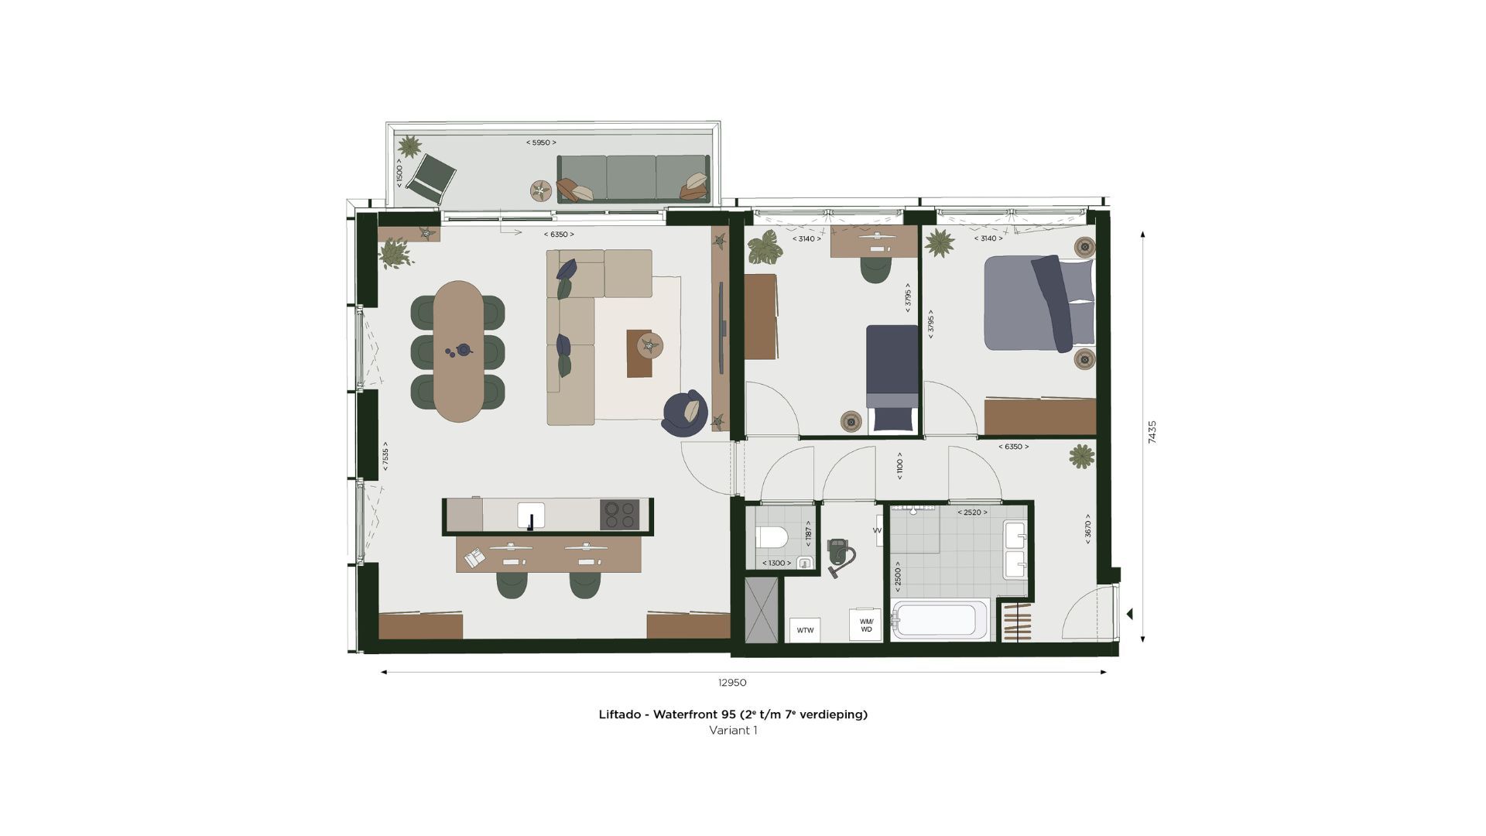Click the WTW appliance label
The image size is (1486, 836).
coord(805,630)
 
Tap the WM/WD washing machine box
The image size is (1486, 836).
coord(865,625)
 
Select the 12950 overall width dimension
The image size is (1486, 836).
coord(732,683)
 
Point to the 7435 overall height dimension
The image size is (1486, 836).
coord(1152,432)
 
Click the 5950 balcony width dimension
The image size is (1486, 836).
coord(541,142)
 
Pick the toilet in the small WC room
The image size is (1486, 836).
coord(772,536)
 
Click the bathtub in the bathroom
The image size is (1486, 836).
coord(939,620)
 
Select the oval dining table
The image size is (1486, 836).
coord(459,351)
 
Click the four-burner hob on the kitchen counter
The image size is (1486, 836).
coord(619,515)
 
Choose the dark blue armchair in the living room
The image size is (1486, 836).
coord(685,413)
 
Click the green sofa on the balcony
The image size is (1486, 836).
coord(632,179)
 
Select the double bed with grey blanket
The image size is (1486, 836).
coord(1039,303)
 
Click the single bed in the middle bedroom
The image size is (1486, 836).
coord(892,378)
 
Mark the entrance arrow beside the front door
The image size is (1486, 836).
coord(1130,614)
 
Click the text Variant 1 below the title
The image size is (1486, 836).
coord(733,730)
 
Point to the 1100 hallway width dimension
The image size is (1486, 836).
coord(899,466)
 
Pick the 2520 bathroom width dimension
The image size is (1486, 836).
coord(972,512)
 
